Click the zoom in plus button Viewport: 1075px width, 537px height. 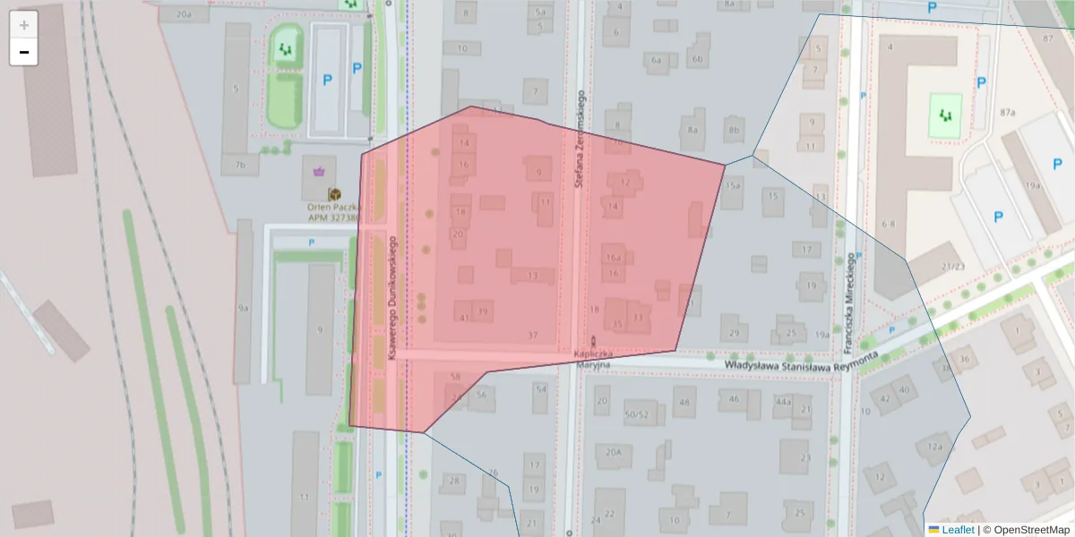coord(24,25)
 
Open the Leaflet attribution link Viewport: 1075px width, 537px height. coord(957,530)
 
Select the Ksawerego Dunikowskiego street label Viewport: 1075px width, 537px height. coord(392,304)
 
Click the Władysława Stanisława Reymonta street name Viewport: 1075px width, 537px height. coord(799,361)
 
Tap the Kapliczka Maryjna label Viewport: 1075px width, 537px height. coord(592,360)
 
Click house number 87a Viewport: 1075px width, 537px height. coord(1008,112)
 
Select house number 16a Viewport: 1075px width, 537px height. coord(614,257)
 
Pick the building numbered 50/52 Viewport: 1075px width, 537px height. coord(637,414)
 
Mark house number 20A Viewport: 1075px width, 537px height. coord(614,452)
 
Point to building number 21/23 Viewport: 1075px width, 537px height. coord(951,267)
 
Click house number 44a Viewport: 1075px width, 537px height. coord(783,402)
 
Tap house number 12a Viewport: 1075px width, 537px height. coord(935,447)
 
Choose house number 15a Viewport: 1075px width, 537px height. coord(734,185)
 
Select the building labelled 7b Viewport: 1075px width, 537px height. coord(240,166)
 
